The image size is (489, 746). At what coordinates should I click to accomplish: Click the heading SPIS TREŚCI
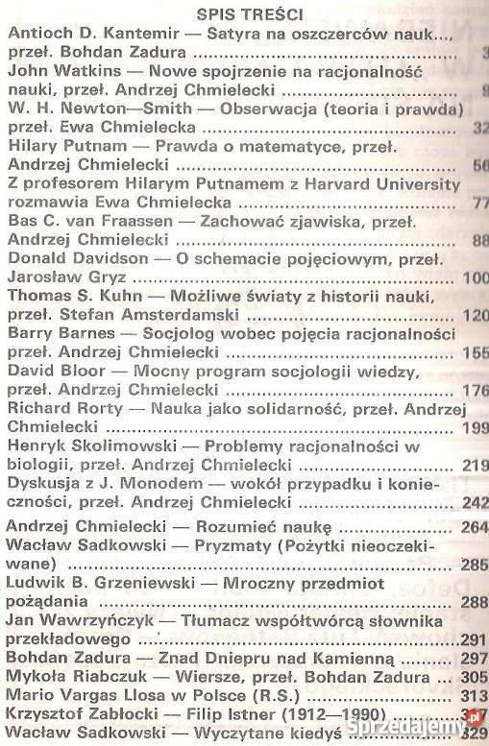[x=243, y=14]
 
